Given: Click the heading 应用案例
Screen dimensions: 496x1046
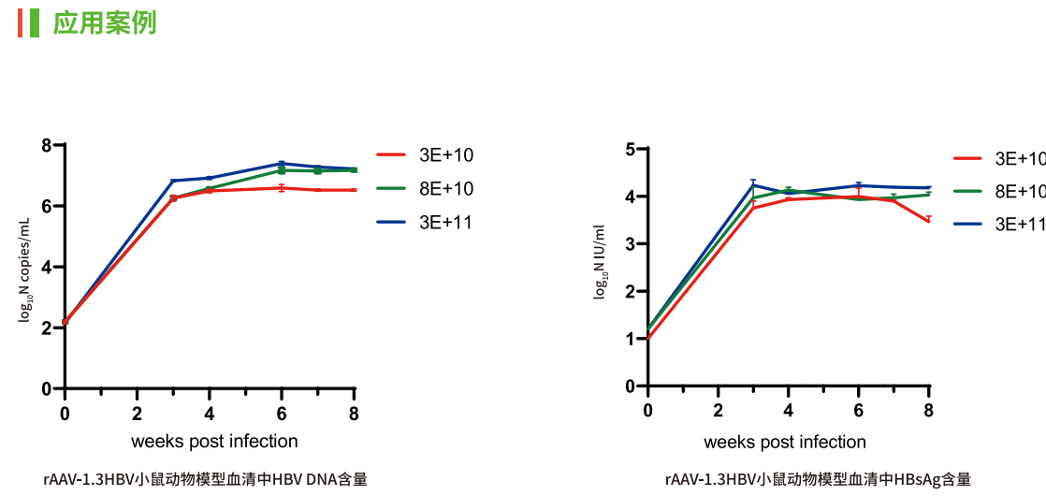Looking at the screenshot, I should click(104, 22).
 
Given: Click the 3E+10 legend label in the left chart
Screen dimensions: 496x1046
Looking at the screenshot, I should click(446, 155).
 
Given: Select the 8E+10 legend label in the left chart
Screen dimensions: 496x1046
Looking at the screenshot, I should click(446, 189).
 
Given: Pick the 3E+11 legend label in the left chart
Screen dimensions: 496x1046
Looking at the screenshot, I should click(446, 223).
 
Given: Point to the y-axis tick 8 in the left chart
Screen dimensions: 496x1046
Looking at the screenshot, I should click(46, 145).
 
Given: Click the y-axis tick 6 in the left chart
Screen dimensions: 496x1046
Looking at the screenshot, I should click(46, 206).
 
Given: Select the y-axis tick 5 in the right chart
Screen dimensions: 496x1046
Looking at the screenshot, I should click(630, 149).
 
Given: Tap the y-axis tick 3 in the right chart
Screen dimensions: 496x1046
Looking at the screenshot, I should click(630, 244).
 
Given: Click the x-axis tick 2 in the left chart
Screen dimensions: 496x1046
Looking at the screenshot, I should click(138, 414).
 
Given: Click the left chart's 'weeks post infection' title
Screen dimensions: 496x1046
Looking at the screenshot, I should click(214, 442).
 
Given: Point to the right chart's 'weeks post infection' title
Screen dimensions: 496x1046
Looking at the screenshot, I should click(785, 442).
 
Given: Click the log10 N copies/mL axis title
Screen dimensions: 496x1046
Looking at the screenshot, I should click(26, 266).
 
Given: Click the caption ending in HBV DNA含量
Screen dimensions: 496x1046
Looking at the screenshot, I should click(205, 480).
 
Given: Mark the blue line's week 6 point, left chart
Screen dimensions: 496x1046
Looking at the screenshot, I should click(282, 164).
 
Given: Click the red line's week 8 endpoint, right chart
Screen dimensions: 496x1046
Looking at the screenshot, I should click(928, 221).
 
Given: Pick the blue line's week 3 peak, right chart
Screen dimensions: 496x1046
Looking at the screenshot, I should click(753, 184).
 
